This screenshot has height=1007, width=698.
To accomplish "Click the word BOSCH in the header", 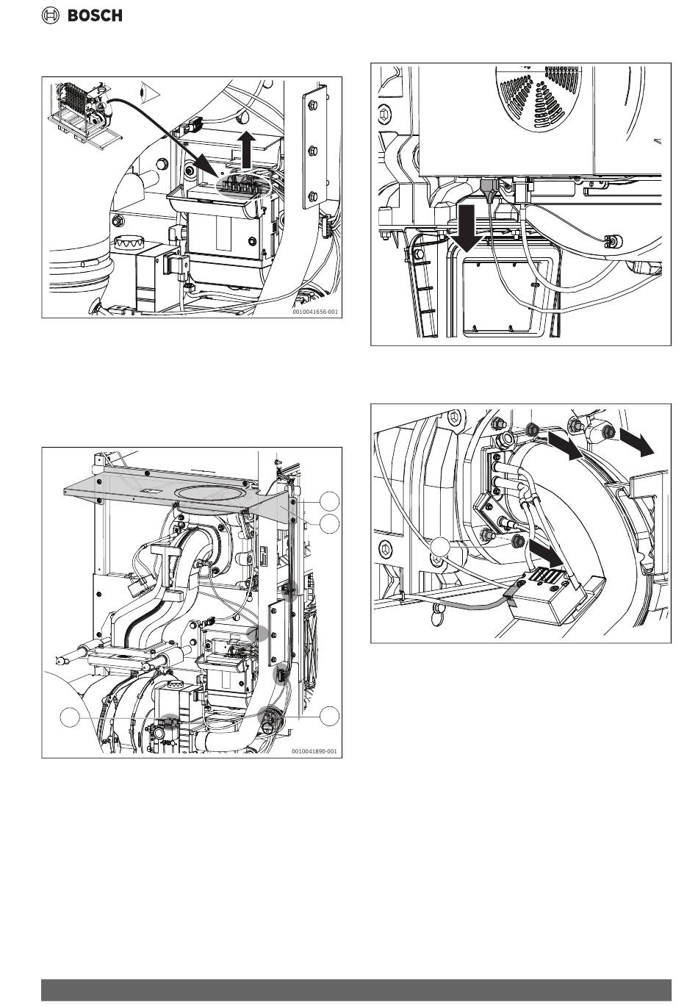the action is click(95, 15).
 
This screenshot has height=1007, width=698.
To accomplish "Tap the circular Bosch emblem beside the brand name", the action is click(50, 15).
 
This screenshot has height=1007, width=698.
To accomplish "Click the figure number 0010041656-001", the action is click(314, 312).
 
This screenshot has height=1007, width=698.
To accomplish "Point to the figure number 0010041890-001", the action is click(314, 751).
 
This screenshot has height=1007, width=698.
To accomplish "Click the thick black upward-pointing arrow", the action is click(246, 151).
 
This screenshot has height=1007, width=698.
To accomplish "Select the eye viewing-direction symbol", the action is click(148, 92).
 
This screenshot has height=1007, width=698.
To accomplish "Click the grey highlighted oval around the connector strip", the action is click(243, 184).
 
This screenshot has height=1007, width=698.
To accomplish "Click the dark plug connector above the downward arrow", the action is click(489, 189).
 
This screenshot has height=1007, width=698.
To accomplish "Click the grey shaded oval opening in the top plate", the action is click(212, 492).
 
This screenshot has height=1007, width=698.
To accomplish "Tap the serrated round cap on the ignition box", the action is click(128, 243).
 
